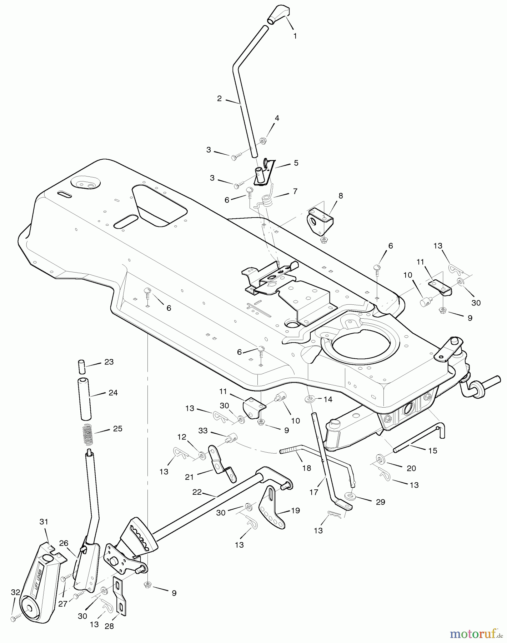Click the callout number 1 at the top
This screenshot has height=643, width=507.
click(295, 36)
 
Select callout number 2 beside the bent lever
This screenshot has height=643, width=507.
click(219, 99)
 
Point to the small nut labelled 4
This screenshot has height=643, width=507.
click(262, 141)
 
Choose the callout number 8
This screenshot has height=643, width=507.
click(341, 195)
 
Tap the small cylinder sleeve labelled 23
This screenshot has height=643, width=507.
click(81, 367)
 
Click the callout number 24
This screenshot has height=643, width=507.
click(113, 393)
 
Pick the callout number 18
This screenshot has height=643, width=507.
click(307, 468)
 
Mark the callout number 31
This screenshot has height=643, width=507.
click(44, 522)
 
